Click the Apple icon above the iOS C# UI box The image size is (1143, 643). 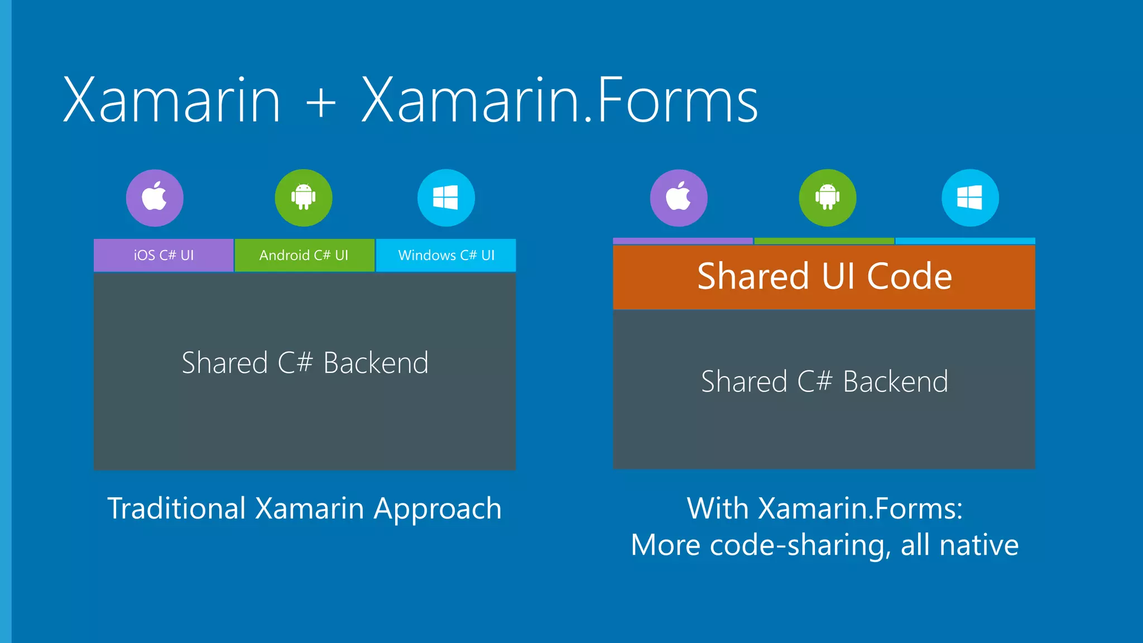coord(155,198)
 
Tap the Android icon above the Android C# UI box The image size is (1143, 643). coord(303,198)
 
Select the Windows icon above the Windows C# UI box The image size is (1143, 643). coord(446,198)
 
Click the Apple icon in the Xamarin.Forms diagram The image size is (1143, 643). coord(679,198)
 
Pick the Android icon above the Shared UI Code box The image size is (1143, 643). coord(827,198)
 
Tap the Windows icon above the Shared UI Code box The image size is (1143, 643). coord(970,198)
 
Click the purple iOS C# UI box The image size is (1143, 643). coord(164,255)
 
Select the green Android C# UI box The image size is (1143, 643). coord(304,255)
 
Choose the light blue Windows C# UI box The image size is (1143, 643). coord(446,255)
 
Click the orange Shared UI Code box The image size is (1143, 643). coord(824,276)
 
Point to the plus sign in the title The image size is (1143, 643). coord(321,102)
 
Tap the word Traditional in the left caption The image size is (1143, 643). coord(176,508)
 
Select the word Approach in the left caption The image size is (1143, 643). coord(438,510)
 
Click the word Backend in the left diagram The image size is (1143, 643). coord(376,363)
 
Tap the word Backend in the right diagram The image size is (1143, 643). coord(895,382)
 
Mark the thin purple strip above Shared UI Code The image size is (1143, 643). coord(683,241)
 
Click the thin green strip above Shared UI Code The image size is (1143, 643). coord(824,241)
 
